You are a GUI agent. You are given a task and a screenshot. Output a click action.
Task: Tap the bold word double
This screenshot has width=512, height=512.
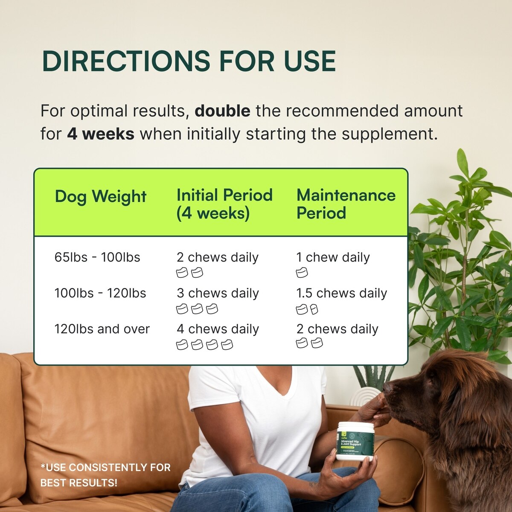[222, 111]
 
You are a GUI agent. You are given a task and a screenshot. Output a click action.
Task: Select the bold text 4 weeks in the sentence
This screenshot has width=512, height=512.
[101, 134]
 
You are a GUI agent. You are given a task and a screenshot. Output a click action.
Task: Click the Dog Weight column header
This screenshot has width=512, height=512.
[101, 196]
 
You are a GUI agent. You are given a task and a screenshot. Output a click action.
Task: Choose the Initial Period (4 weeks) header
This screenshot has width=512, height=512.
[224, 204]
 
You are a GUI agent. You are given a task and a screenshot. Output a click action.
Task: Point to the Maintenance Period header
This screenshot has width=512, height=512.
[346, 204]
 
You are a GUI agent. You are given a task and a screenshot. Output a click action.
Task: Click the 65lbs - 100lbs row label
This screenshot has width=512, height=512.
[97, 257]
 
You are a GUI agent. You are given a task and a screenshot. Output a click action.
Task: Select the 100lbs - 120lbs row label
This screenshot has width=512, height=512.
[100, 293]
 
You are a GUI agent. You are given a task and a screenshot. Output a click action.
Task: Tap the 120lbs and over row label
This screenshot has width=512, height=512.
[102, 329]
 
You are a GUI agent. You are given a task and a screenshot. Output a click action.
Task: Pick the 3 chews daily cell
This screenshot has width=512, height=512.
[218, 293]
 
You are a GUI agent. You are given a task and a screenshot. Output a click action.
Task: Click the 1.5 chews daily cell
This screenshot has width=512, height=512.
[341, 293]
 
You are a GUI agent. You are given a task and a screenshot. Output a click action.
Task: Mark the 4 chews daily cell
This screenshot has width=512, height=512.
[218, 329]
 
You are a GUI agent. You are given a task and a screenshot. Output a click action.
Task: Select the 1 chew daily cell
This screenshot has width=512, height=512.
[333, 257]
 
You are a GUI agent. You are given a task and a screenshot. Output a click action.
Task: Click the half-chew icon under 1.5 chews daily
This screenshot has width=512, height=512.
[314, 309]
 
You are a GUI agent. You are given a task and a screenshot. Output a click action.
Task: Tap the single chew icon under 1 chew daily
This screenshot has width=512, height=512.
[302, 273]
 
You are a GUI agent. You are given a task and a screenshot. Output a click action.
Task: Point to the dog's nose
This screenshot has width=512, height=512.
[387, 387]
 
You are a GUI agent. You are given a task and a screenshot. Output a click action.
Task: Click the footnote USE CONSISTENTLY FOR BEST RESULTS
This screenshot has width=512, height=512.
[105, 475]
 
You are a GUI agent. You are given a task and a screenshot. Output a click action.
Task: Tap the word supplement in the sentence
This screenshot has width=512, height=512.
[390, 134]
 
